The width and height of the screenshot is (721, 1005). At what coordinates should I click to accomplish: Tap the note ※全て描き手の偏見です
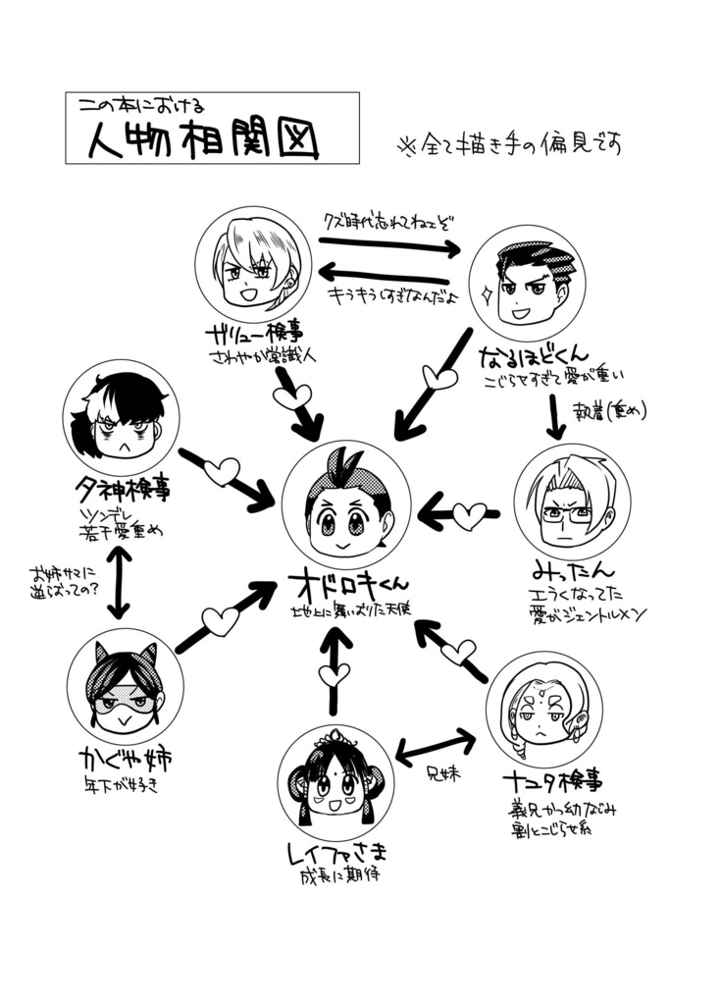click(509, 145)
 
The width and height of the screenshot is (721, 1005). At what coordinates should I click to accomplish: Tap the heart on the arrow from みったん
click(469, 513)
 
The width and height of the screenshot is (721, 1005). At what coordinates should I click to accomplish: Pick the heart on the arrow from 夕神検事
click(221, 471)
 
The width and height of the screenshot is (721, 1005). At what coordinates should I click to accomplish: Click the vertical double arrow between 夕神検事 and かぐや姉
click(118, 582)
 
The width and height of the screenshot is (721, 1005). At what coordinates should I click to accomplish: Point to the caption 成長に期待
click(339, 874)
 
